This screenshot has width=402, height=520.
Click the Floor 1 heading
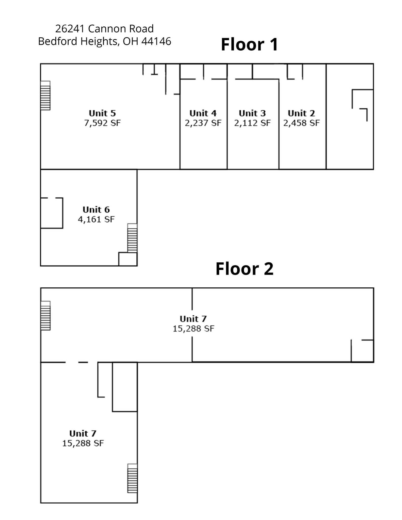pos(250,44)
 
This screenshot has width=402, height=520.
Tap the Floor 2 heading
pos(244,269)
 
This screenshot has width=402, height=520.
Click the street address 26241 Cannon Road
pos(104,29)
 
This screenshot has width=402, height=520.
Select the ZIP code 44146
pos(156,41)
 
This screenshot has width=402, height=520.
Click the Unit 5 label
pos(102,113)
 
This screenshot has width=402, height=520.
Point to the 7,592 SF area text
pos(102,123)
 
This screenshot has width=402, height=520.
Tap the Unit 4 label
pos(203,113)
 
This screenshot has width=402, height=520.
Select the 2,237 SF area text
pos(203,123)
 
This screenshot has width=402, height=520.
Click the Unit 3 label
pos(252,113)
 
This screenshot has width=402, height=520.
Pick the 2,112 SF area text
pos(252,123)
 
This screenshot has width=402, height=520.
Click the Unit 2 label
pos(301,113)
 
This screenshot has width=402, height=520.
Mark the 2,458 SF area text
pos(301,123)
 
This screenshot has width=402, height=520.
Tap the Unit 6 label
pos(96,209)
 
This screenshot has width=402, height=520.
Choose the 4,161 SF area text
pos(96,219)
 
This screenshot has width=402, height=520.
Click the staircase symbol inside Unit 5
pos(45,95)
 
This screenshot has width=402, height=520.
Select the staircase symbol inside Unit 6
pos(132,238)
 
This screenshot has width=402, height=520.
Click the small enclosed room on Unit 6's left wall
pos(52,213)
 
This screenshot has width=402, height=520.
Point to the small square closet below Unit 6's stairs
pos(128,259)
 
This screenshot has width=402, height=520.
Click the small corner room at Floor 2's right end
pos(362,351)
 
